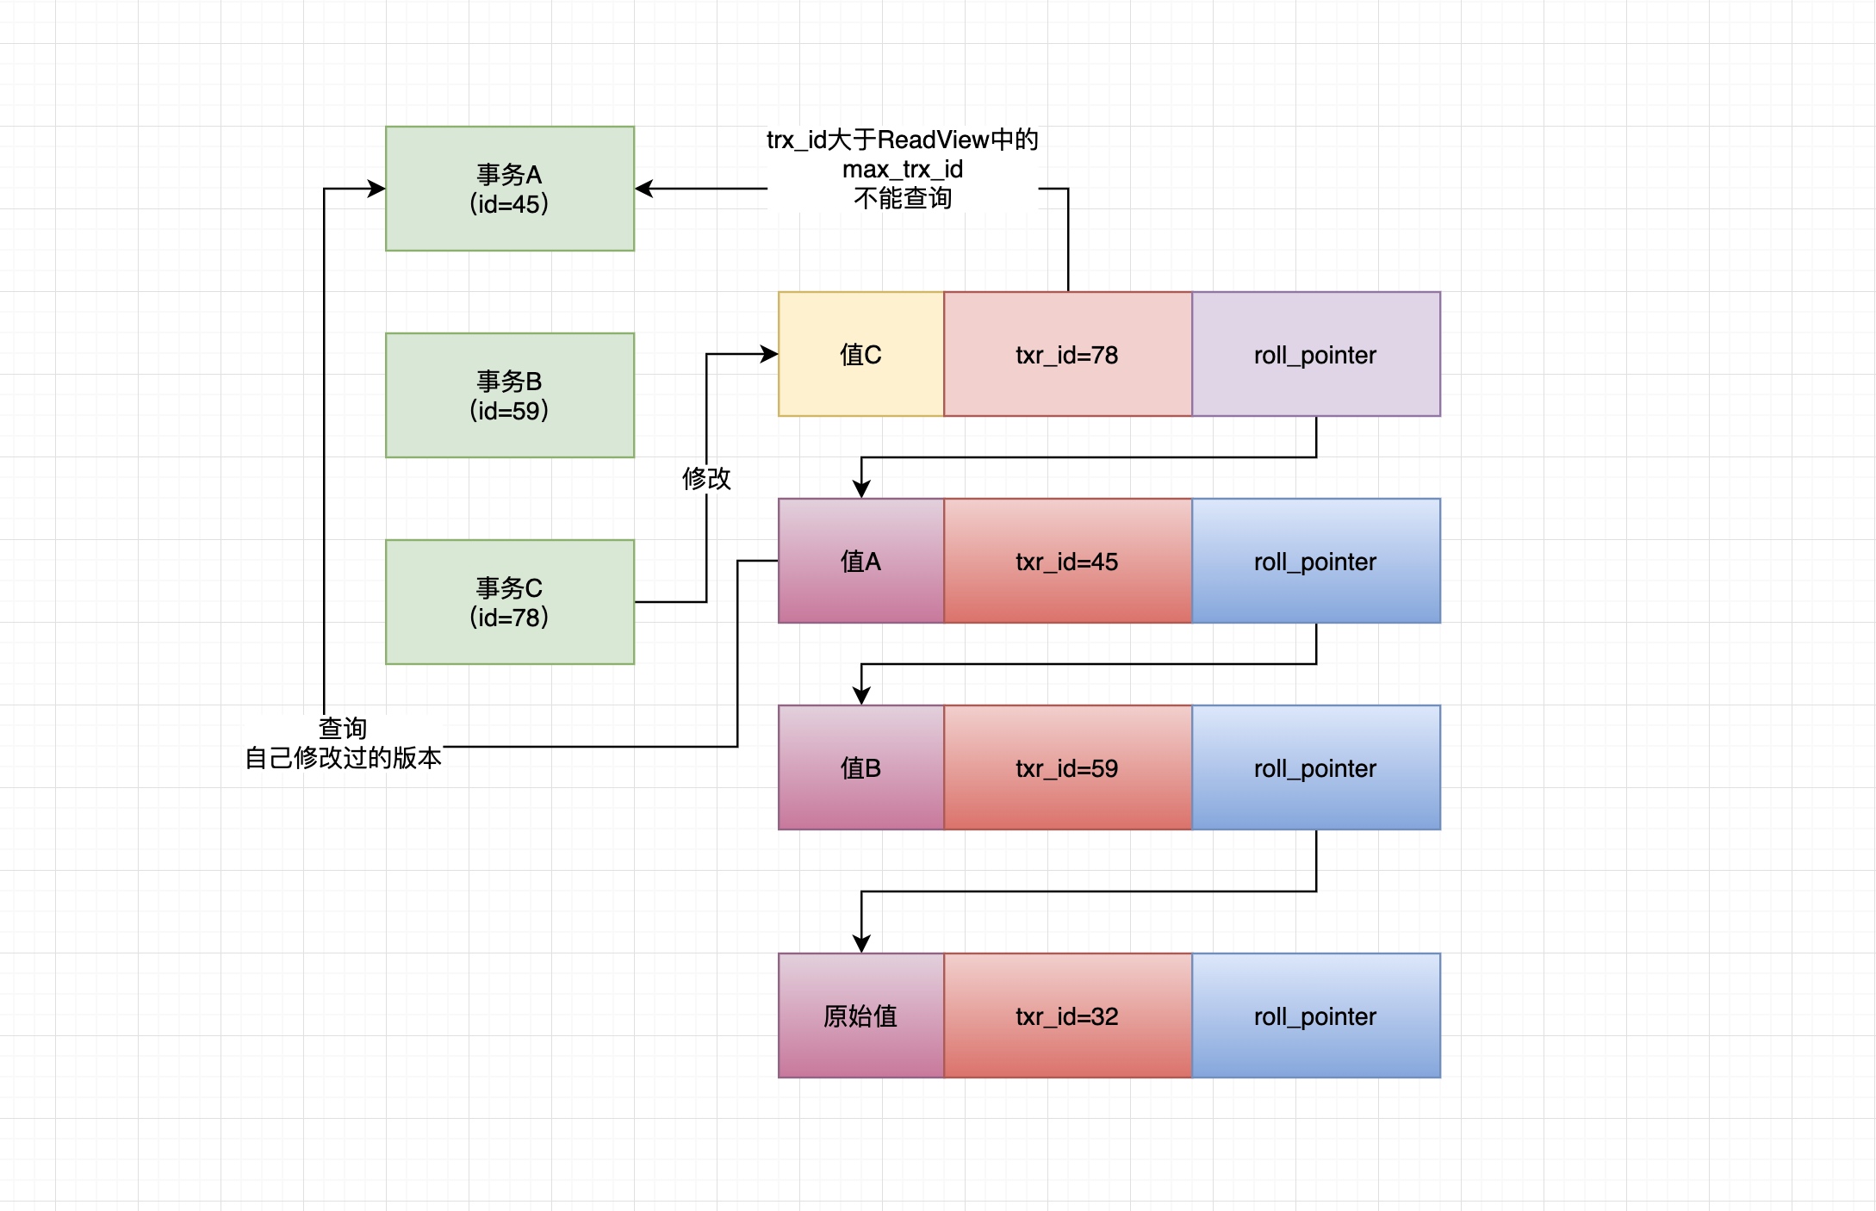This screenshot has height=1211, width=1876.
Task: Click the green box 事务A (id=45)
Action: pyautogui.click(x=509, y=189)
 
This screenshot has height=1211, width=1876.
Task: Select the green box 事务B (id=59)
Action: pyautogui.click(x=509, y=395)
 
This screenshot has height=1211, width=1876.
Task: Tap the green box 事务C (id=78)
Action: pyautogui.click(x=509, y=602)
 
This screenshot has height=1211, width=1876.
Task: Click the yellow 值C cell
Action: pyautogui.click(x=860, y=354)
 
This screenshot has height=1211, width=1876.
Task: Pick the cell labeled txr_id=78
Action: pyautogui.click(x=1067, y=354)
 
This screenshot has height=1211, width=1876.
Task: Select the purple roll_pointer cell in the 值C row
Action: pyautogui.click(x=1315, y=354)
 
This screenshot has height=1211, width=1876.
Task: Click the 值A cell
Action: pyautogui.click(x=860, y=561)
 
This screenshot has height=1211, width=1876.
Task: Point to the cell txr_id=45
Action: pyautogui.click(x=1067, y=561)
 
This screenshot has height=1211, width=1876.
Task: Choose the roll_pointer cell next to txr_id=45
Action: pyautogui.click(x=1315, y=561)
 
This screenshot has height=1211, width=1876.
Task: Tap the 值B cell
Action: pyautogui.click(x=860, y=767)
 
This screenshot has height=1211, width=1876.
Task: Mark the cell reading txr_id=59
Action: pyautogui.click(x=1067, y=767)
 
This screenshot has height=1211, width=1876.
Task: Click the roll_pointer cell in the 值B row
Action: pyautogui.click(x=1315, y=767)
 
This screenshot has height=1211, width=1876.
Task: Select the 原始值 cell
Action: pyautogui.click(x=860, y=1015)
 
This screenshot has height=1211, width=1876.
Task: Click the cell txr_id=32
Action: pyautogui.click(x=1067, y=1015)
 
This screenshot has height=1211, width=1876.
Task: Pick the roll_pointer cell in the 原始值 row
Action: pyautogui.click(x=1315, y=1015)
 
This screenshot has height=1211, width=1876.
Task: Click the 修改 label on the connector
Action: pyautogui.click(x=706, y=478)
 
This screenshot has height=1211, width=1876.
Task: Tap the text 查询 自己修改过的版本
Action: pyautogui.click(x=343, y=743)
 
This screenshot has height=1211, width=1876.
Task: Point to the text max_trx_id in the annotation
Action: pyautogui.click(x=902, y=169)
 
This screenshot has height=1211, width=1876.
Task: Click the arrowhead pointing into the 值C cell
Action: pyautogui.click(x=770, y=354)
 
